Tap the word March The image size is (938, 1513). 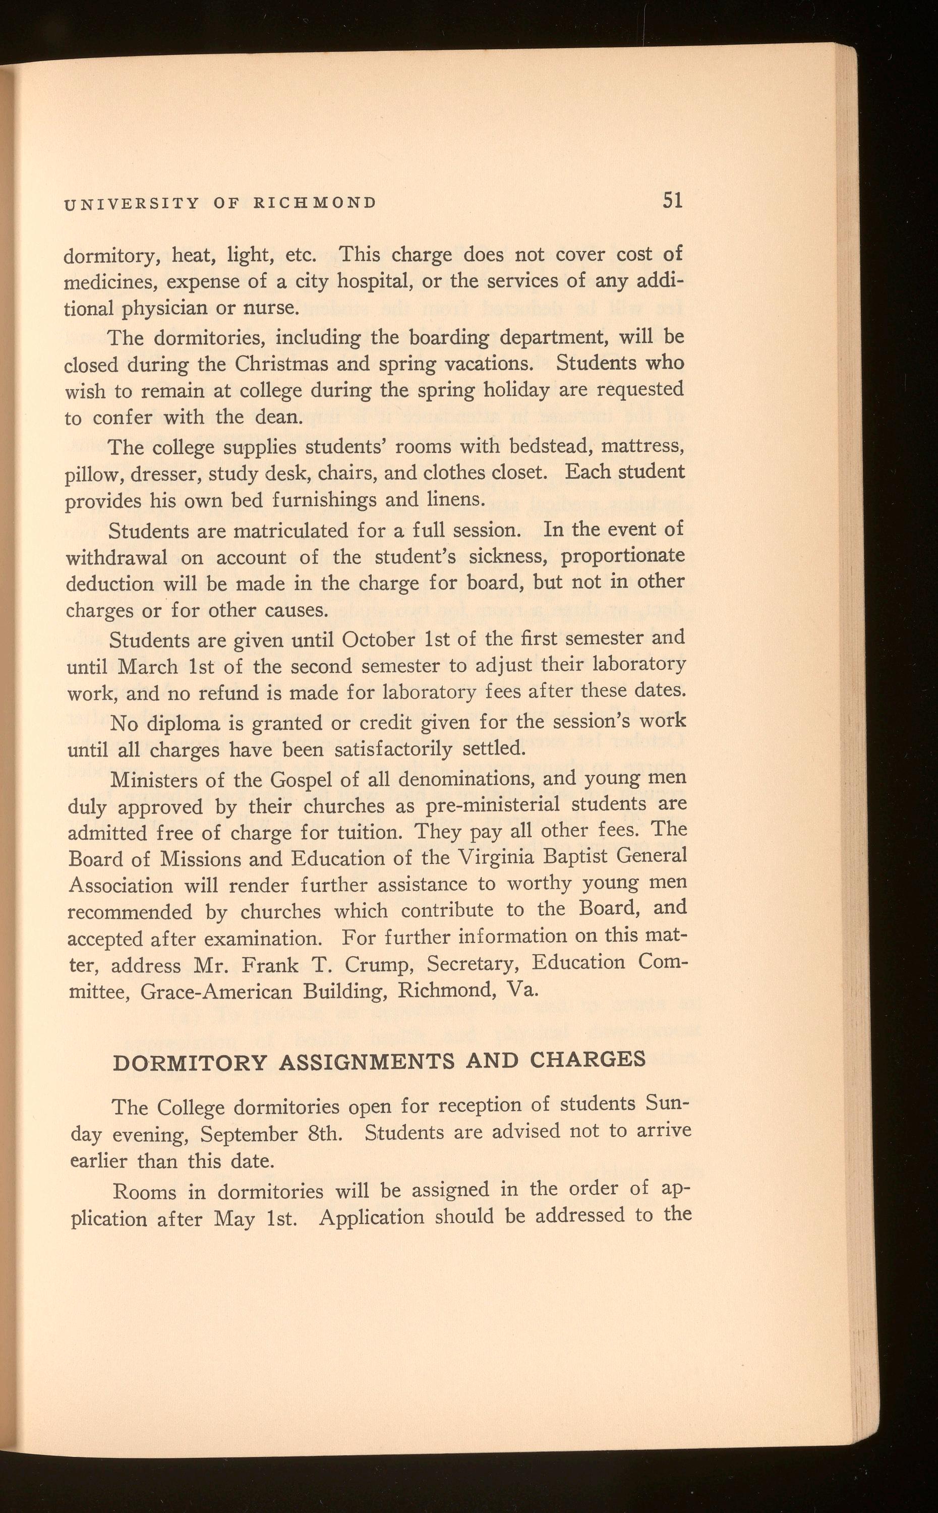[148, 666]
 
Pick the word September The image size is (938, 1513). [250, 1135]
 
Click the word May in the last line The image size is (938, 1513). [234, 1219]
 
